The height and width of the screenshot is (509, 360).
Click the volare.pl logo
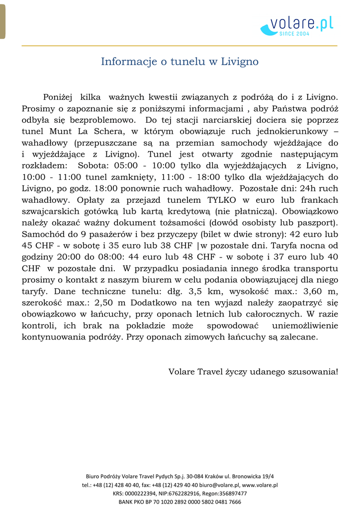pos(297,25)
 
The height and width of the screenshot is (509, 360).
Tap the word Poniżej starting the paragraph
pos(58,97)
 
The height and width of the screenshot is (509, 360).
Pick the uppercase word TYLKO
pos(223,200)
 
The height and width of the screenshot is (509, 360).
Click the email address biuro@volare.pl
pos(221,485)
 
